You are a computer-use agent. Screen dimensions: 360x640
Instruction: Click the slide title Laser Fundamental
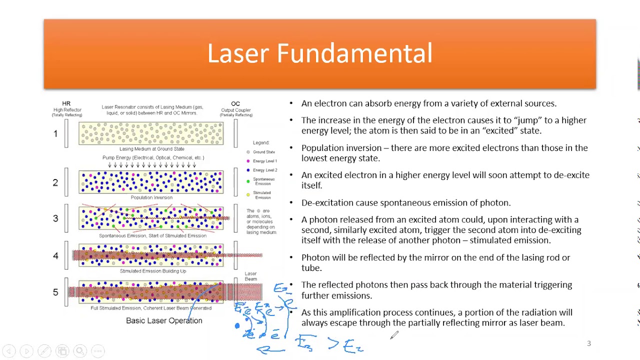click(319, 53)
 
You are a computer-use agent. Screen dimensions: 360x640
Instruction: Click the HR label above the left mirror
click(66, 103)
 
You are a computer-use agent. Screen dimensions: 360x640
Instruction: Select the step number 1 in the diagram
click(55, 133)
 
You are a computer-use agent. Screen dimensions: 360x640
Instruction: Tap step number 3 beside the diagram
click(55, 218)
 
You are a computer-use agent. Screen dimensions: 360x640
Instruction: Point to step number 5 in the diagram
click(55, 292)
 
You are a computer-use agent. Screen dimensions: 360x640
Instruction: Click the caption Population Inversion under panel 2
click(151, 197)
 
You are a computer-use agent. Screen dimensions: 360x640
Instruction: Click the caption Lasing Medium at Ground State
click(151, 149)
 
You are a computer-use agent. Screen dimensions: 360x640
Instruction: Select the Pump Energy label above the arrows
click(153, 157)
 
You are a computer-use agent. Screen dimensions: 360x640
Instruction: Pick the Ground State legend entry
click(263, 152)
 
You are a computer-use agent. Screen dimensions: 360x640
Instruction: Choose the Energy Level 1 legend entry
click(264, 161)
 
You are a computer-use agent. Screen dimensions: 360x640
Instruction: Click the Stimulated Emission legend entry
click(262, 195)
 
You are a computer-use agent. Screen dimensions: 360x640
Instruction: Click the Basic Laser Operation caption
click(164, 320)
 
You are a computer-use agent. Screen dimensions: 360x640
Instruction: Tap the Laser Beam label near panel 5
click(250, 276)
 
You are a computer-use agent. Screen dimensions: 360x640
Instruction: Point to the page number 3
click(588, 343)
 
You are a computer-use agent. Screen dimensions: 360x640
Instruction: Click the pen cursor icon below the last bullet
click(394, 335)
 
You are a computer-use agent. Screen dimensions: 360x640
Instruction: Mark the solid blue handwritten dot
click(237, 326)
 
